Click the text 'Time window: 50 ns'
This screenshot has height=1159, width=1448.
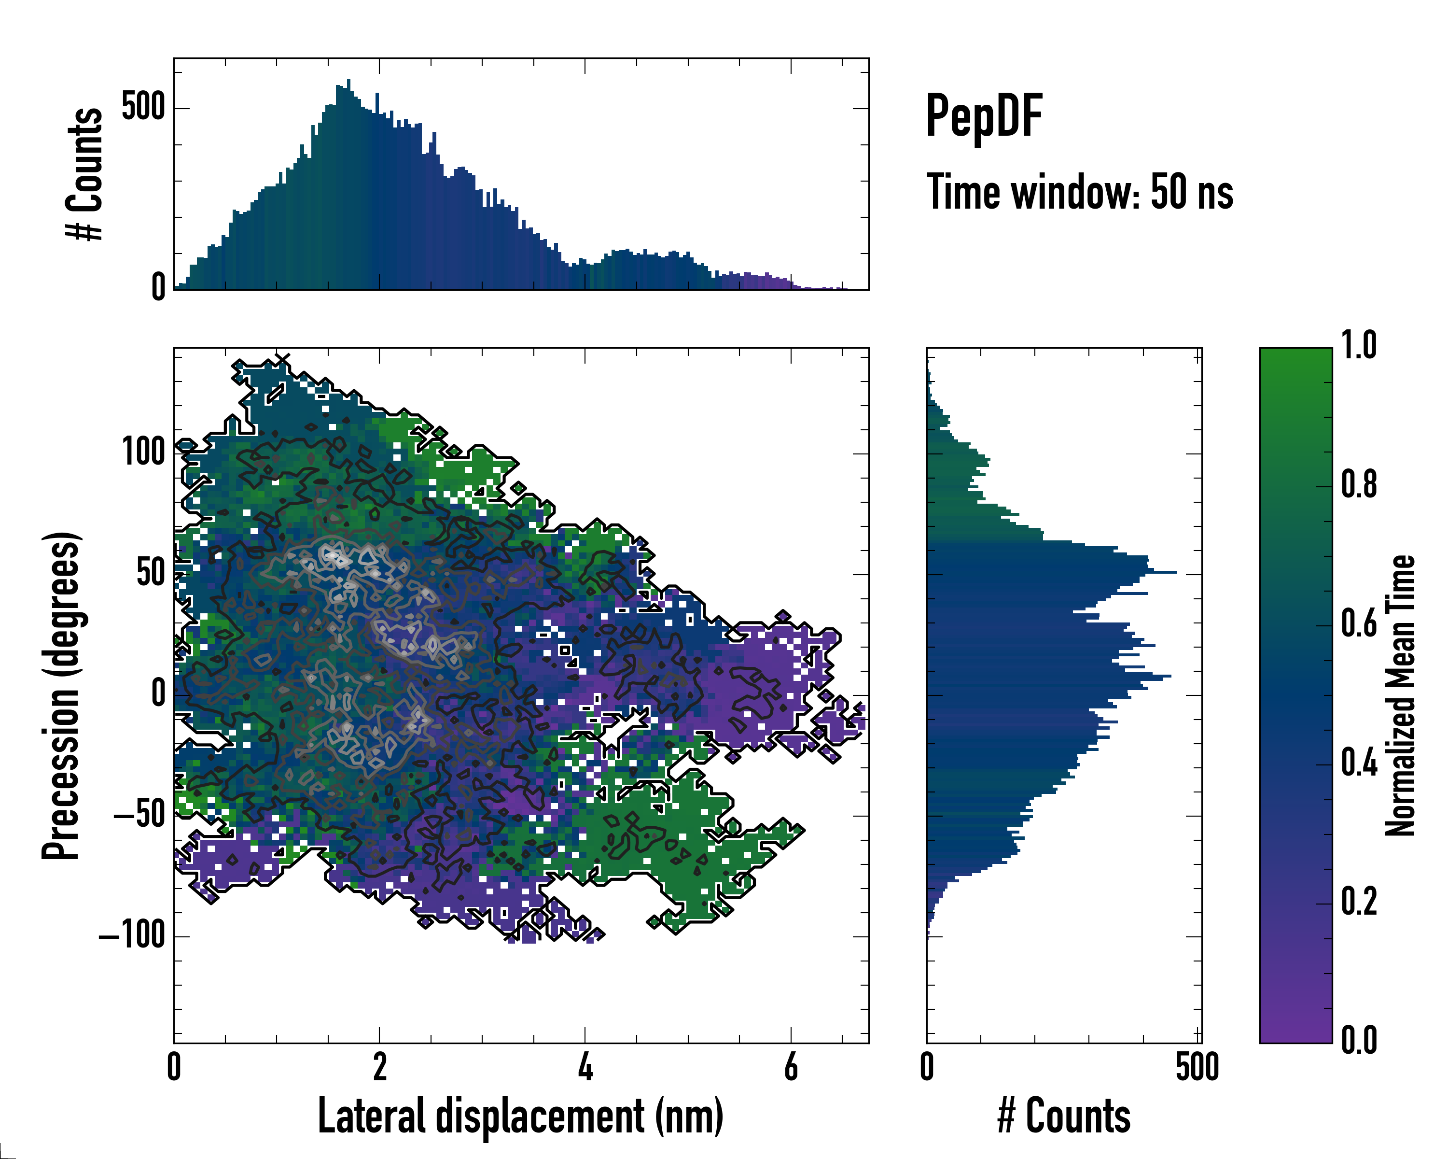(1079, 192)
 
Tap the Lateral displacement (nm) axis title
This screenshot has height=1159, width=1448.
(520, 1116)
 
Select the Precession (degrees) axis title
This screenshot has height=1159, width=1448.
(62, 695)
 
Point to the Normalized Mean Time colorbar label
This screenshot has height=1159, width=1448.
(1400, 695)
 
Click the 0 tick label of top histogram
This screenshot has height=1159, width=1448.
(158, 287)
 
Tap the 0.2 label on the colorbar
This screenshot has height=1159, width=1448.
(1359, 902)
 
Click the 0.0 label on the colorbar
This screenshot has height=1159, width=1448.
(1359, 1040)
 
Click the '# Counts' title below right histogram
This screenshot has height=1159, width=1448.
(1063, 1116)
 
